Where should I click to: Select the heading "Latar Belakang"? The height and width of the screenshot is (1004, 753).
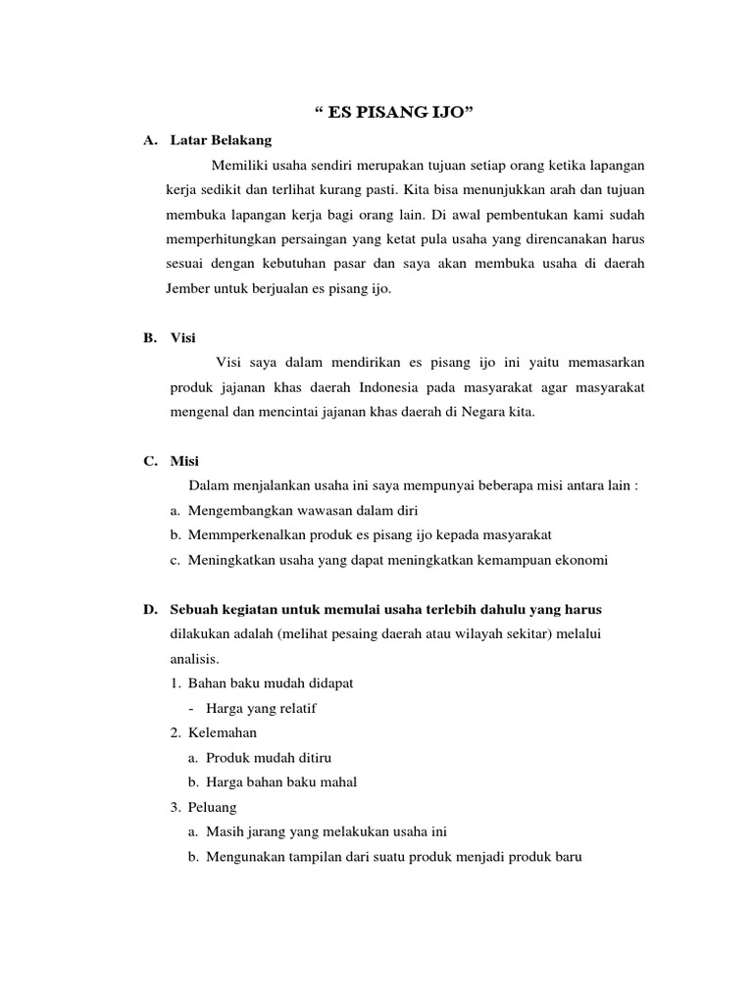click(221, 140)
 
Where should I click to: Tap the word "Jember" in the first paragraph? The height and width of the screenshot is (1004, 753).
click(191, 290)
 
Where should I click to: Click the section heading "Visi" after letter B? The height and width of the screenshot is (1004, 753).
click(183, 338)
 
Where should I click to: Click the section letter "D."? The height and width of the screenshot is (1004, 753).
click(150, 610)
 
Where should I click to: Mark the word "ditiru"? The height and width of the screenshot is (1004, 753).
click(326, 758)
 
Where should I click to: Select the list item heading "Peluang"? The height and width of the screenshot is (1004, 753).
click(212, 807)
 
